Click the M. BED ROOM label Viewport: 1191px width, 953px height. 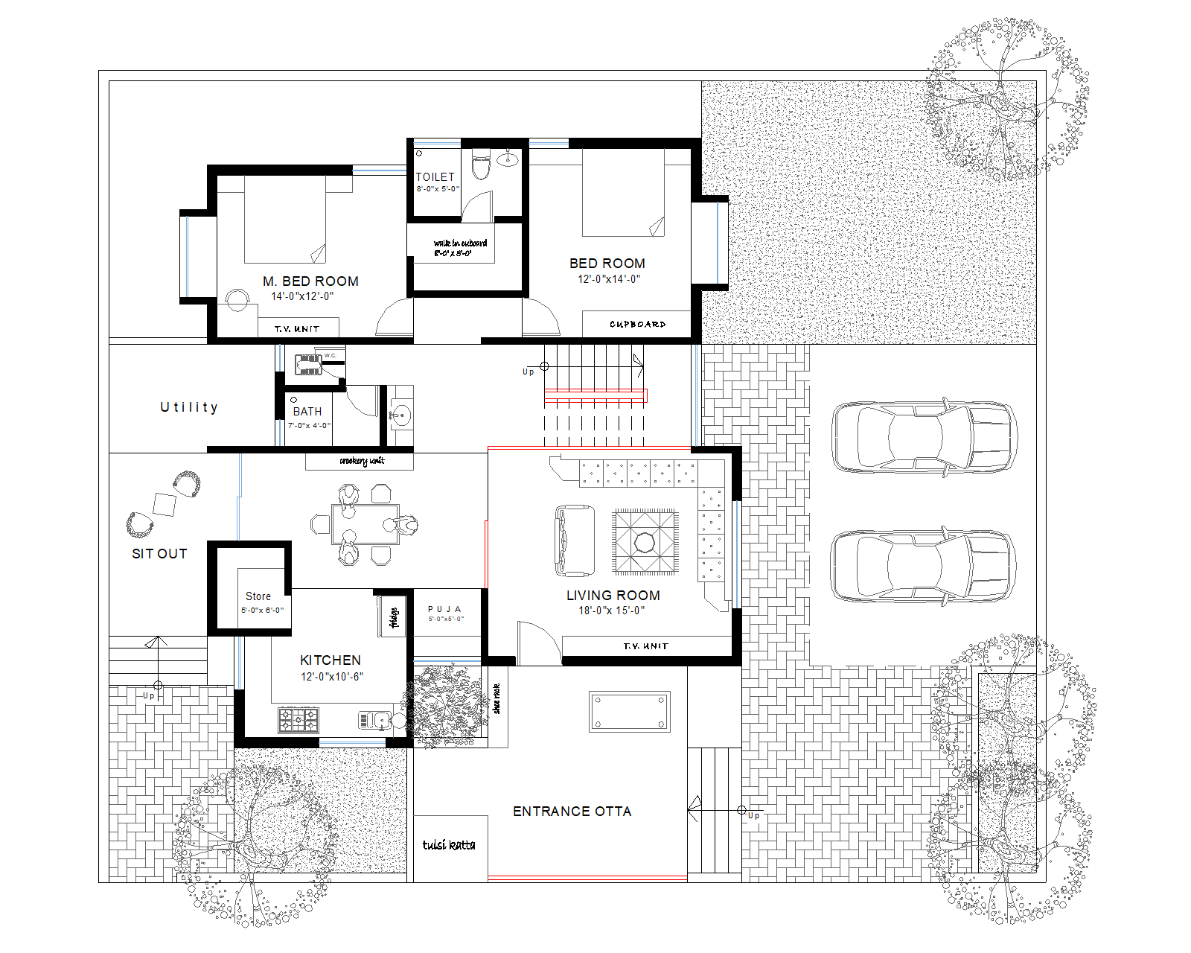(310, 281)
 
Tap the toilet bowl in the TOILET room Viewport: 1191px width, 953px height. (481, 165)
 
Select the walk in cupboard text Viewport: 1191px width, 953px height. (460, 243)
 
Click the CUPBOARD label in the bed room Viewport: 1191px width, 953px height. (637, 325)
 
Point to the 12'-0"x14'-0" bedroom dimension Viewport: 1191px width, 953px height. (609, 279)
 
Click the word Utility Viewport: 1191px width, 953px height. (189, 407)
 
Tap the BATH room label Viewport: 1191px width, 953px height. (307, 412)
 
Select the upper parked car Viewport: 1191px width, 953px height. (923, 437)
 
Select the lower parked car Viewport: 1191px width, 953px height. (923, 566)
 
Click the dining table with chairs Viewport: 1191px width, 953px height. (365, 525)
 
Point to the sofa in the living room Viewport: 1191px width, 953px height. (575, 541)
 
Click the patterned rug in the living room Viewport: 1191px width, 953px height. (645, 542)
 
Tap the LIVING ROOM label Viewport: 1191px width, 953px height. (613, 596)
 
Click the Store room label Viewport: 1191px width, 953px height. (258, 596)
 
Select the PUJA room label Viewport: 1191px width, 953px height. (444, 609)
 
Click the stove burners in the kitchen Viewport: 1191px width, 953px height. (298, 720)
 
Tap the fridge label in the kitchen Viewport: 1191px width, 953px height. (394, 617)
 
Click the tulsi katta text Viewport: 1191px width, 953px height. (448, 844)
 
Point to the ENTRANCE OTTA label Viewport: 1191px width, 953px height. (572, 812)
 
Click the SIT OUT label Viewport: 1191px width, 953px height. (159, 554)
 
